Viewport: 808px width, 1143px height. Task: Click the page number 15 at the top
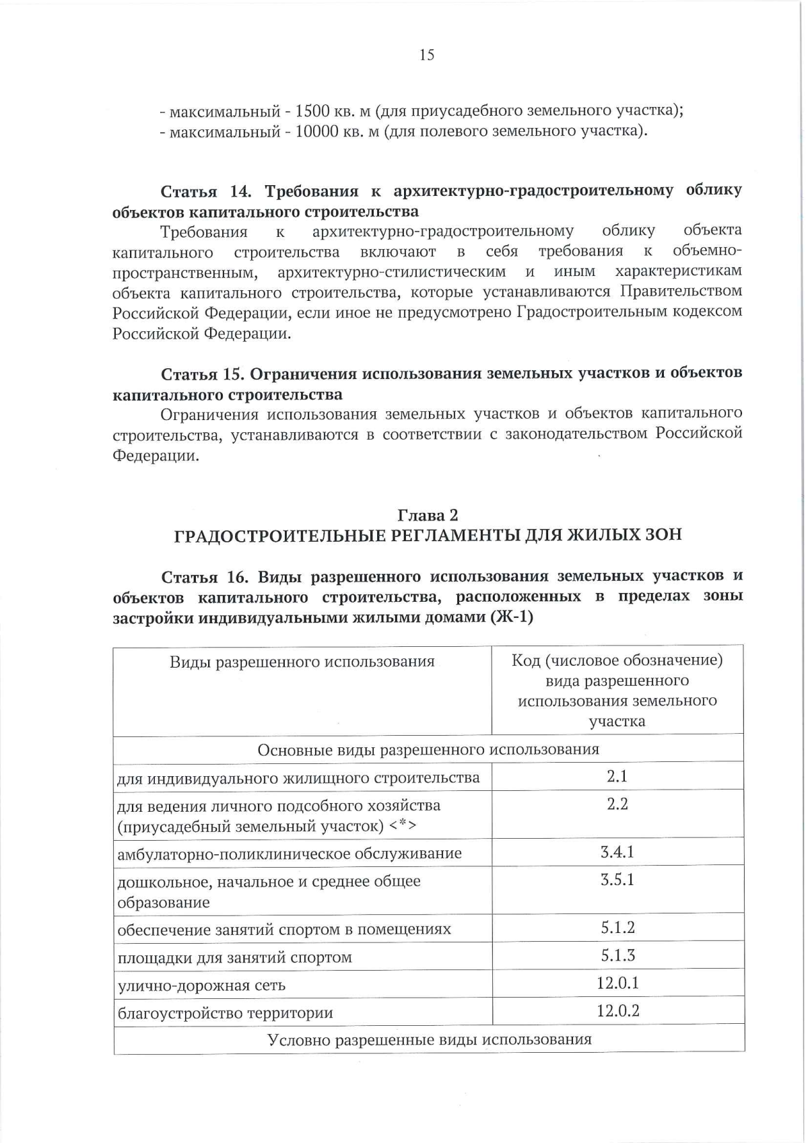click(427, 55)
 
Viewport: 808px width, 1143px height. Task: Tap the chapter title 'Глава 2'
click(428, 515)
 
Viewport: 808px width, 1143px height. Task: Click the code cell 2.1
click(617, 776)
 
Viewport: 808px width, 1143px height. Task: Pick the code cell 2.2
click(617, 804)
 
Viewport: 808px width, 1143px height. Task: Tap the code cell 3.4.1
click(617, 852)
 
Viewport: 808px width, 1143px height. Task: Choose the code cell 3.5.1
click(617, 880)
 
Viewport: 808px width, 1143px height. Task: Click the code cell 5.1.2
click(617, 928)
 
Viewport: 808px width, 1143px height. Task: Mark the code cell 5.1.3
click(617, 956)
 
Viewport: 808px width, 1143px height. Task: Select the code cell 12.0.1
click(617, 983)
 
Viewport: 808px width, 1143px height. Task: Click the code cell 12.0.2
click(617, 1011)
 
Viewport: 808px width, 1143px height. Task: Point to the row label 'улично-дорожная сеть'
click(201, 985)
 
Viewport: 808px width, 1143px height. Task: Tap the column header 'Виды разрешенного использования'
click(302, 662)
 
